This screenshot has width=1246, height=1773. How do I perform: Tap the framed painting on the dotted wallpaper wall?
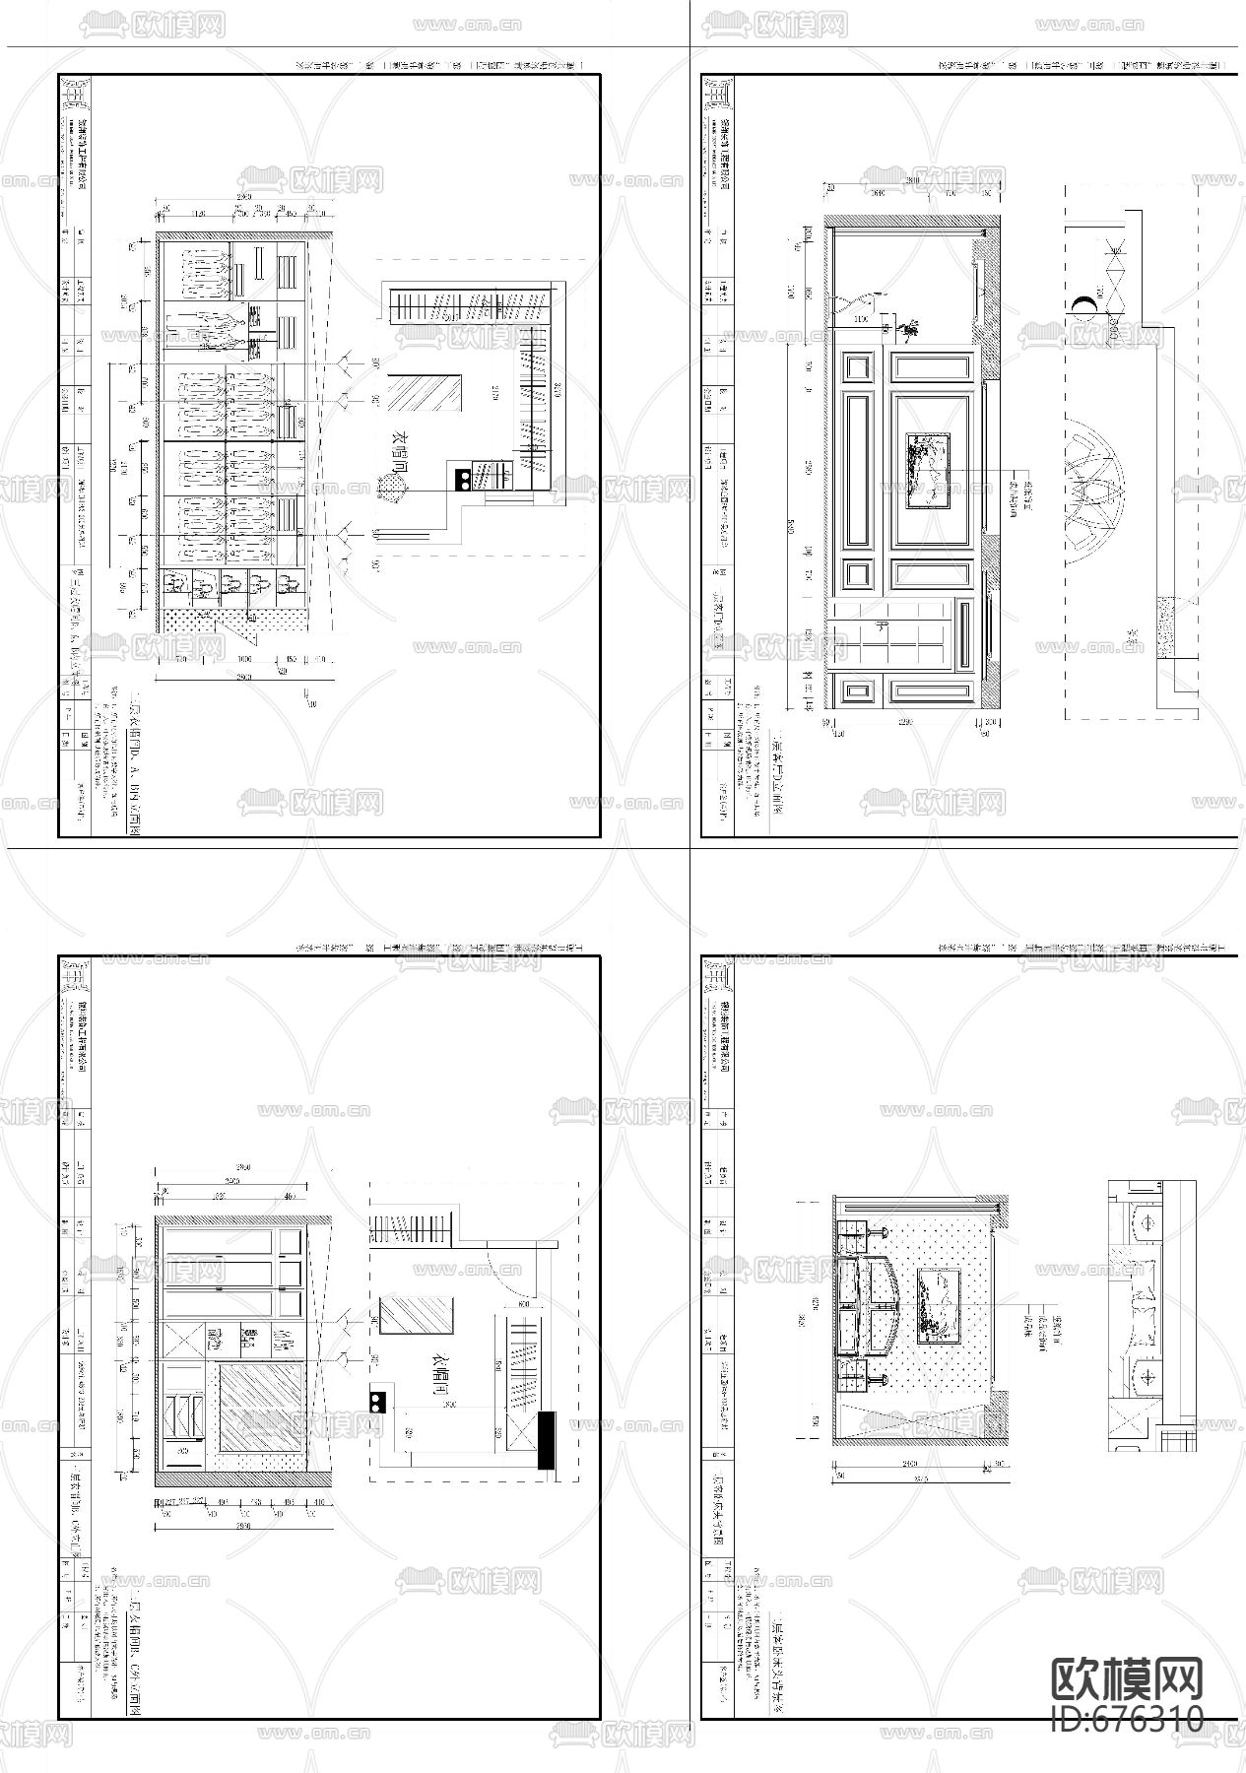coord(938,1305)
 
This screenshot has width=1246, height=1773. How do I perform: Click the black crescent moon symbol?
coord(1084,305)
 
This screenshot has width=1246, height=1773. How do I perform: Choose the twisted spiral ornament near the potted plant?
coord(855,300)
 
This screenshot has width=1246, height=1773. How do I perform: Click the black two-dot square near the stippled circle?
coord(462,480)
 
